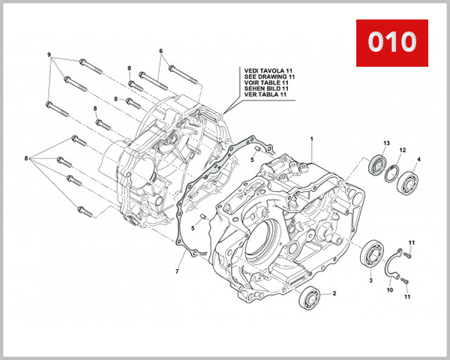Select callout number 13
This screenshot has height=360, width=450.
pos(387,143)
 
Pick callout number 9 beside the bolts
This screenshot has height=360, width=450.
pos(49,56)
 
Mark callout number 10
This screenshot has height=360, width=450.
pos(389,289)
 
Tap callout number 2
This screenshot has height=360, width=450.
pos(334,293)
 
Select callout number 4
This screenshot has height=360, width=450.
pos(418,159)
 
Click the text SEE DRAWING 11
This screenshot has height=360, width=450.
pos(268,76)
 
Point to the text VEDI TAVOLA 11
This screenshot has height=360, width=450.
pos(268,70)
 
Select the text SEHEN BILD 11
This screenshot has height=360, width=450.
pos(266,89)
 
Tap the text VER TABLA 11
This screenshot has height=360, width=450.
pos(265,95)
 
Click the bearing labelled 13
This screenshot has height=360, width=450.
pos(379,166)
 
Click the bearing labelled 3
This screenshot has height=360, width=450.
pos(370,253)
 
